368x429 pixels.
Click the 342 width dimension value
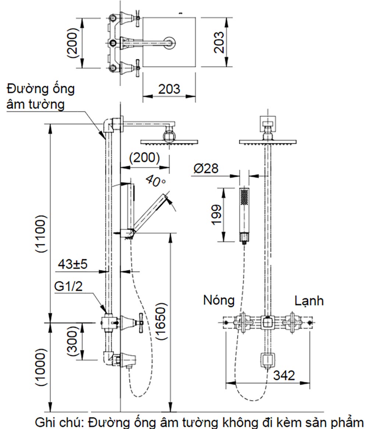click(x=284, y=376)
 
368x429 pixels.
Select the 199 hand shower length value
click(x=217, y=214)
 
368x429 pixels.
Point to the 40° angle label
click(x=155, y=181)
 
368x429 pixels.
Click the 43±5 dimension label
click(x=72, y=264)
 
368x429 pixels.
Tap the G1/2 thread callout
click(x=68, y=286)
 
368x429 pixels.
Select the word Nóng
click(x=219, y=300)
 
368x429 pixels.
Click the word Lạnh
click(x=309, y=301)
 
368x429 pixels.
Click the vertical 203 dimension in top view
click(x=219, y=42)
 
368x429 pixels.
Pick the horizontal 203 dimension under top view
click(x=169, y=89)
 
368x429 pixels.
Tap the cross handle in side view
click(x=140, y=322)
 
